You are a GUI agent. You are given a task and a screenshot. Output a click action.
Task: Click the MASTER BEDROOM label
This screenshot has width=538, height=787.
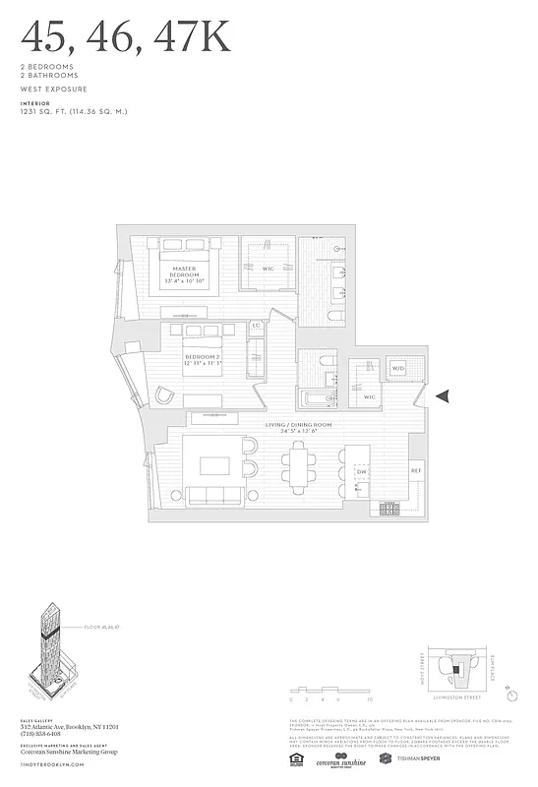click(x=184, y=272)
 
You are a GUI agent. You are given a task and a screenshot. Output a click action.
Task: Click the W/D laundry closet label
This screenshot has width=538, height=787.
click(x=398, y=368)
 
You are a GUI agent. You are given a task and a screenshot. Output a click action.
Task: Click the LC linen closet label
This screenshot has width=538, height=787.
click(x=256, y=324)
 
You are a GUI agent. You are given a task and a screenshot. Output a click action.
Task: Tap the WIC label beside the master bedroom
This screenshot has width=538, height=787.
click(x=268, y=268)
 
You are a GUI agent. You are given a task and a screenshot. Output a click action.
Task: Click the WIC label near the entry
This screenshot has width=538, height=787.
click(x=370, y=396)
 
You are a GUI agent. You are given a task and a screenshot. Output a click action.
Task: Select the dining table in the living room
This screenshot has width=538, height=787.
click(x=300, y=470)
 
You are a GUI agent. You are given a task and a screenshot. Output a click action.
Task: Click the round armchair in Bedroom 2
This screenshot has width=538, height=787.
click(x=166, y=395)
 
